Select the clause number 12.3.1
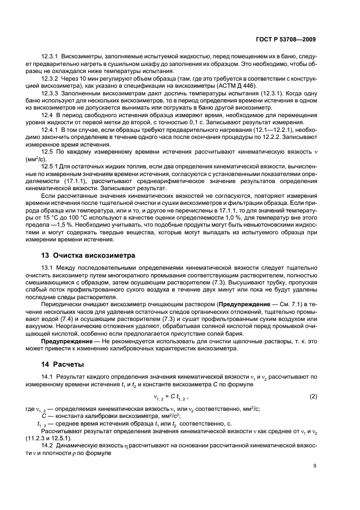click(51, 56)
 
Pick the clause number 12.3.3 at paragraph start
click(51, 93)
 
